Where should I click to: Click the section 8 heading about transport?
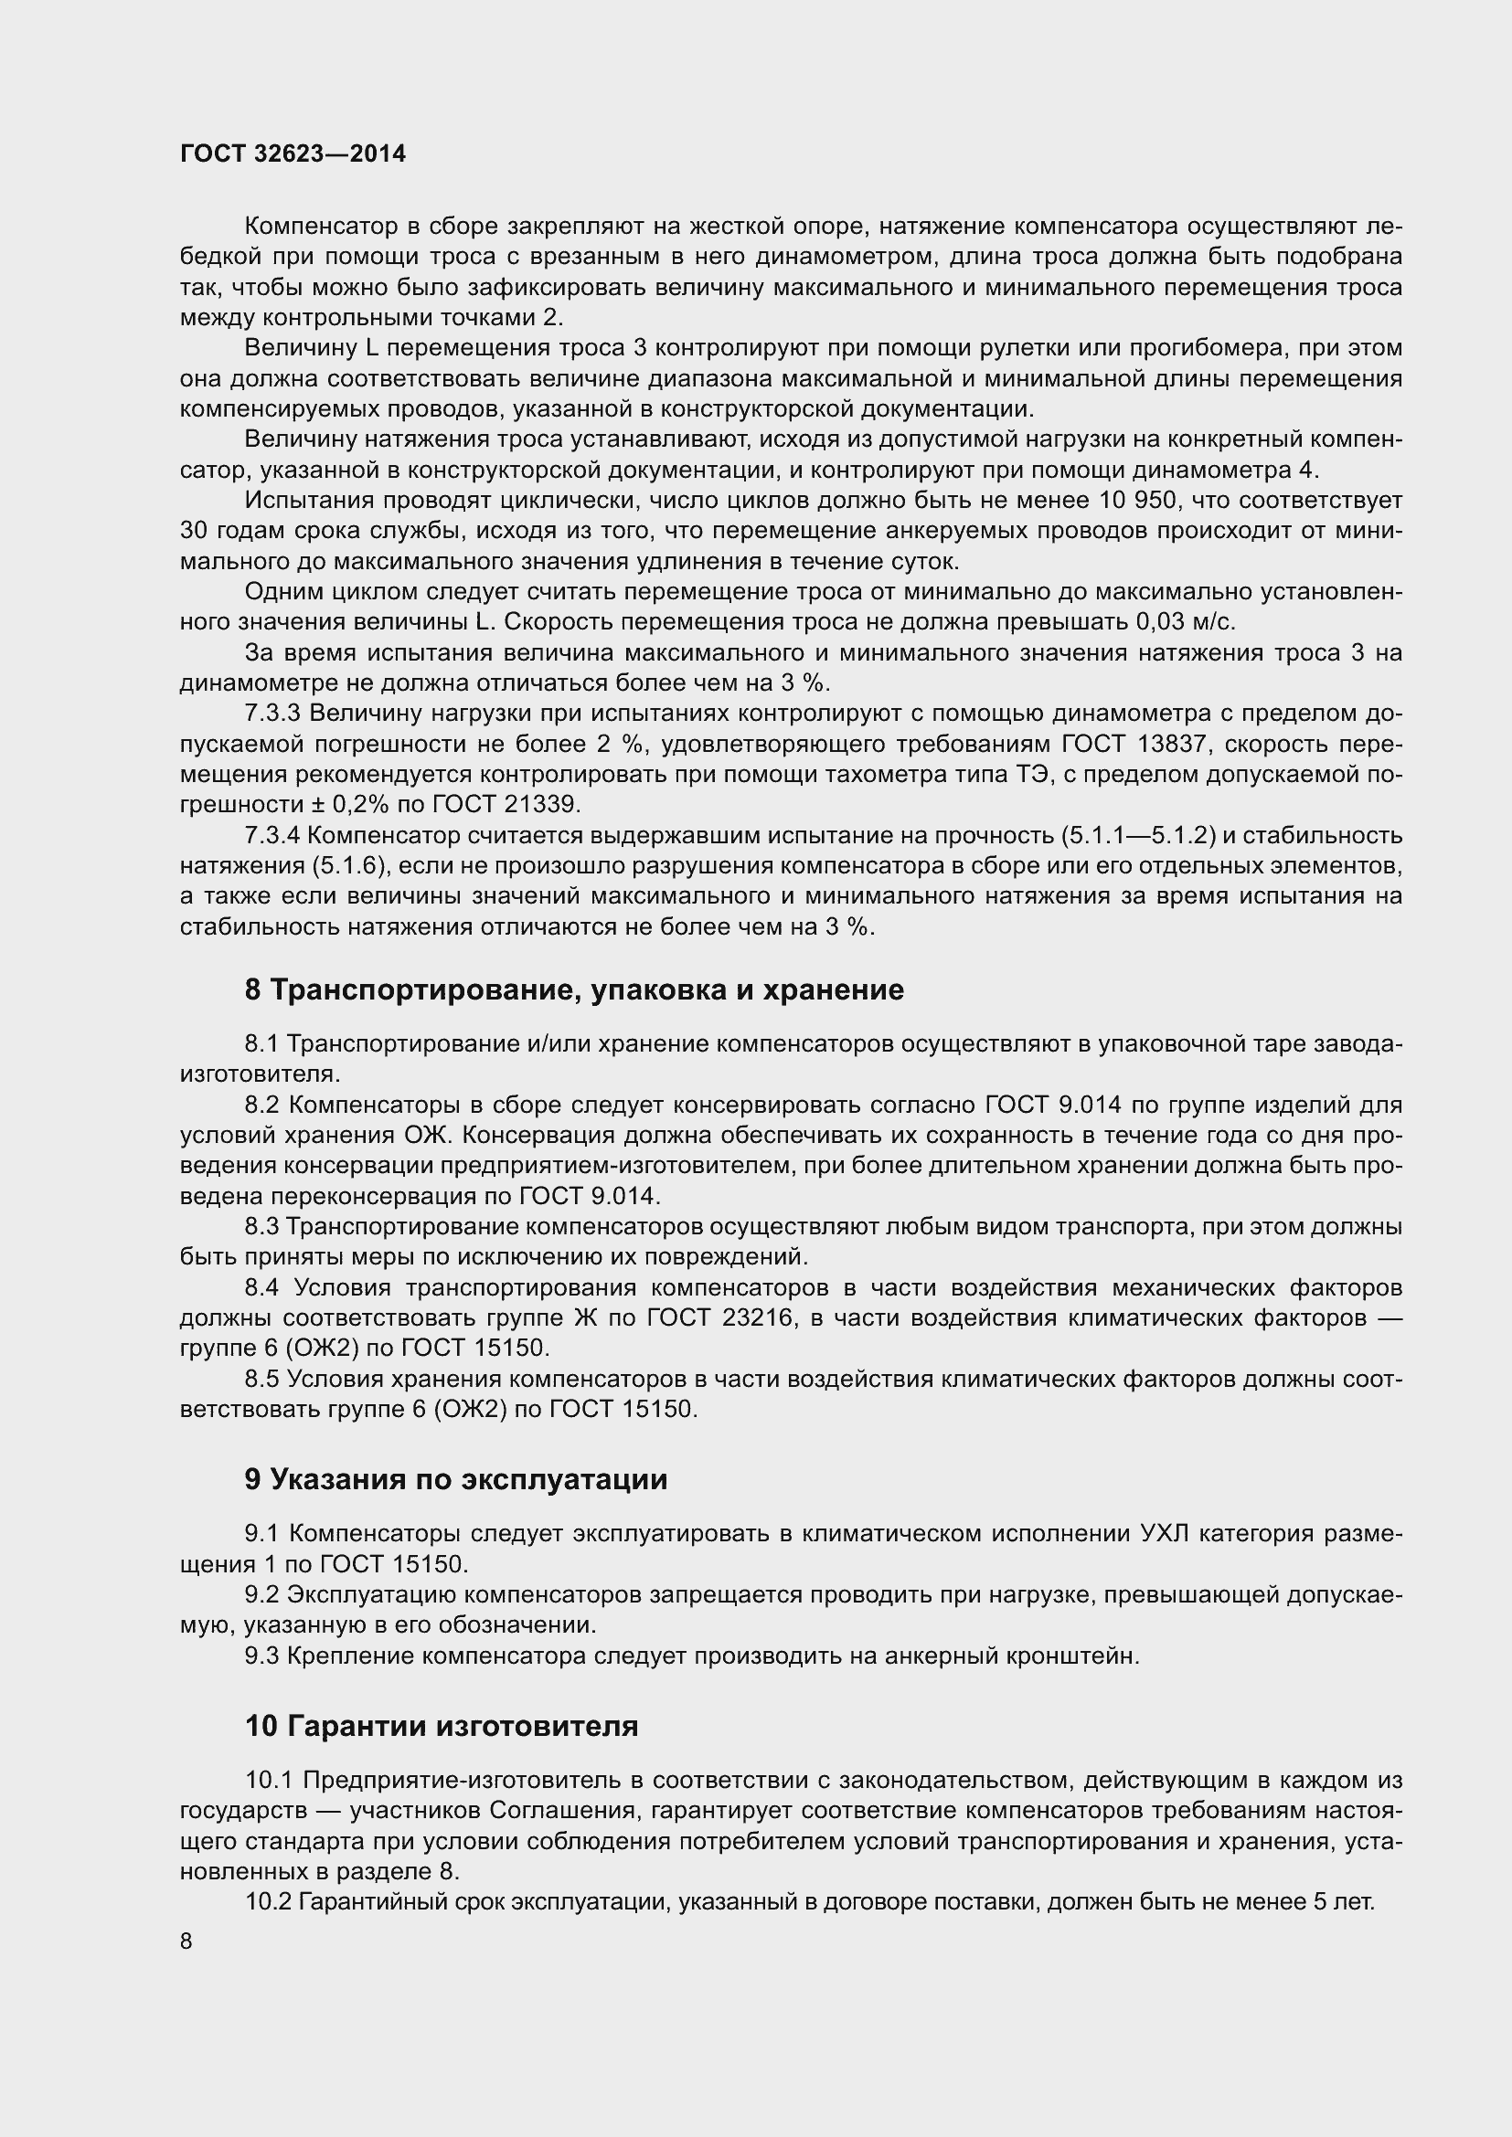pos(573,989)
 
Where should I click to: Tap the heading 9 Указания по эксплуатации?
pos(456,1479)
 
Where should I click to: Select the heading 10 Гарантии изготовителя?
pos(442,1726)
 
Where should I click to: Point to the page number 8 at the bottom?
pos(186,1941)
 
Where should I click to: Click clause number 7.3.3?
pos(272,713)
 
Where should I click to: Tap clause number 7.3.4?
pos(272,836)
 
